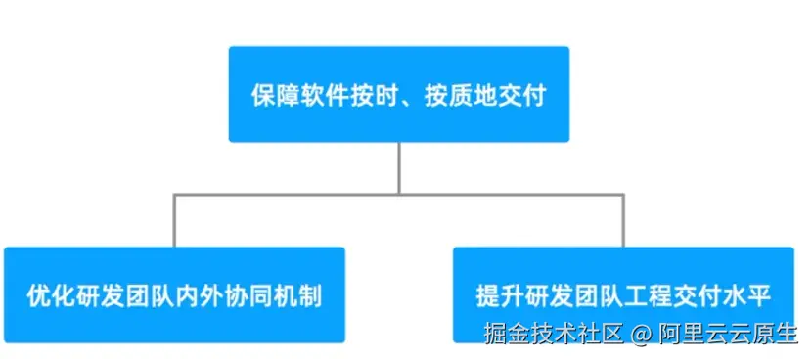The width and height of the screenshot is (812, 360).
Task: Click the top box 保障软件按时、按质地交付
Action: click(x=398, y=94)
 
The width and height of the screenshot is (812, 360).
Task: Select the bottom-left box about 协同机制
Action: click(x=174, y=293)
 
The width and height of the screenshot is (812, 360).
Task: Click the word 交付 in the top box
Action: click(x=524, y=96)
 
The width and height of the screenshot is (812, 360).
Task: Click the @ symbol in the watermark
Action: click(x=640, y=335)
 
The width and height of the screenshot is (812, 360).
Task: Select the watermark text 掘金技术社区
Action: click(x=553, y=335)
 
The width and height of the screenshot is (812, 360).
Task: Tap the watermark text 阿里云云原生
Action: click(x=726, y=335)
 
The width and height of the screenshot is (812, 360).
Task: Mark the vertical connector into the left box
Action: click(x=174, y=220)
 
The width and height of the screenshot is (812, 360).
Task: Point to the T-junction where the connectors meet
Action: click(x=398, y=195)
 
